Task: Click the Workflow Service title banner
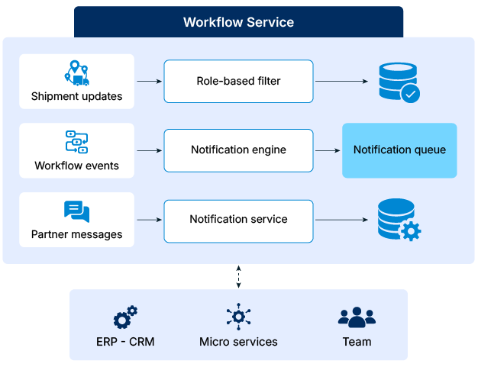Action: coord(238,22)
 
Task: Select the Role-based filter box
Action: coord(238,81)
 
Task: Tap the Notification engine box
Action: coord(238,150)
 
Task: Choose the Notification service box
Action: coord(238,220)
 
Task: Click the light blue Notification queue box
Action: coord(399,150)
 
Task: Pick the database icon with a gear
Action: coord(399,221)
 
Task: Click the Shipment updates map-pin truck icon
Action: coord(76,72)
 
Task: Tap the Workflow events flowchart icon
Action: coord(76,143)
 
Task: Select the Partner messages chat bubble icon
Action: coord(76,211)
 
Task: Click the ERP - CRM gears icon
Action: coord(125,317)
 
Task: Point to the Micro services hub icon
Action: coord(238,317)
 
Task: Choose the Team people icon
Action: coord(357,317)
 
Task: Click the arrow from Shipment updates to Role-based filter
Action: coord(149,81)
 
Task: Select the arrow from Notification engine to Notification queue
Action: coord(328,150)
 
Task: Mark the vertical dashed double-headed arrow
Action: coord(238,276)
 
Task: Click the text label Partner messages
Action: coord(76,235)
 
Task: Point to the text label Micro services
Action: coord(238,342)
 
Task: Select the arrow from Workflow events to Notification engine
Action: coord(149,150)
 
